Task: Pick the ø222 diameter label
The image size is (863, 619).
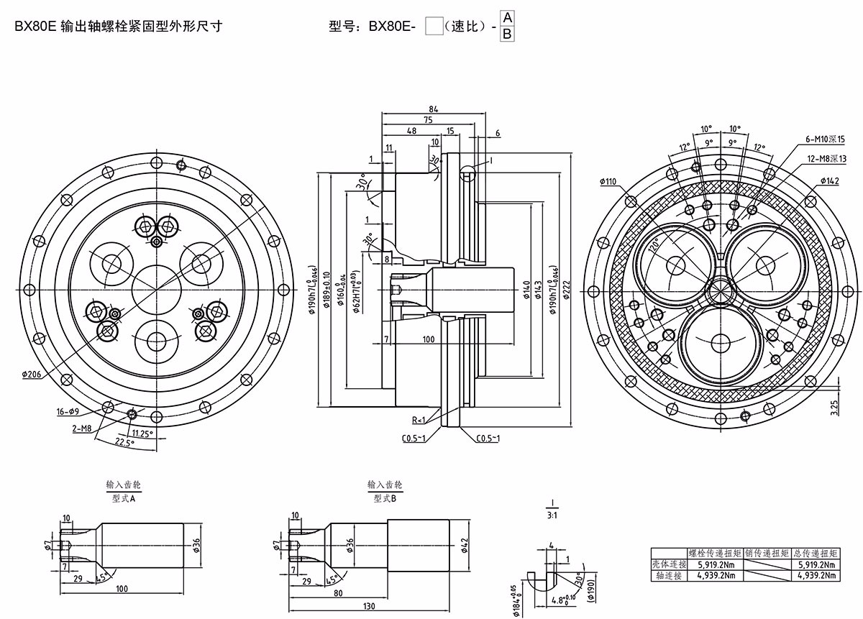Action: [565, 288]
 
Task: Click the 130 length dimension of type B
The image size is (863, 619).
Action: [369, 607]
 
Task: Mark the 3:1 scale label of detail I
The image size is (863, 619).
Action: [552, 514]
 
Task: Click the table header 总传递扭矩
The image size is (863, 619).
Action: [816, 554]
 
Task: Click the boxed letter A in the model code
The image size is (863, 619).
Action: [507, 17]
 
